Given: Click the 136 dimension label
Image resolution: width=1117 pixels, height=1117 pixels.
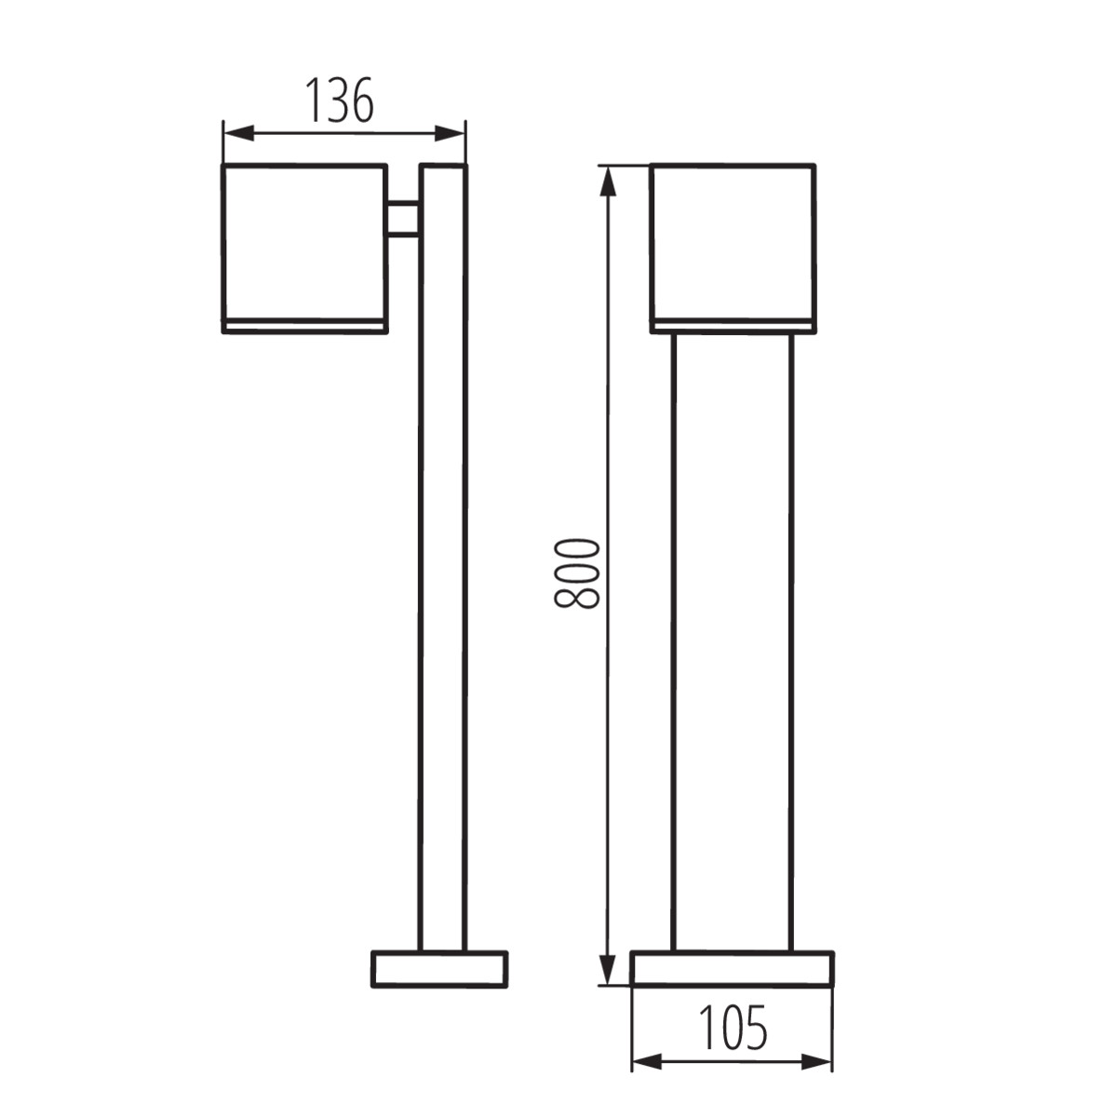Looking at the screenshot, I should coord(341,101).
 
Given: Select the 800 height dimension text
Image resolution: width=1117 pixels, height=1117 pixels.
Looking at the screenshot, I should coord(577,572).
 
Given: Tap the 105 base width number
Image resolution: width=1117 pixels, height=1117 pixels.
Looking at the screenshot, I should coord(733,1028).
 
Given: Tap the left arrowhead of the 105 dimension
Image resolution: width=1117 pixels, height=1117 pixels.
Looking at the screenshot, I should coord(645,1061).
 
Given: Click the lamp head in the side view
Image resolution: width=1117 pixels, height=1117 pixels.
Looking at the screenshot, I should coord(304,242).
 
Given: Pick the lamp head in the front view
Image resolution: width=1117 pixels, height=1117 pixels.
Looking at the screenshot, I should coord(733,242).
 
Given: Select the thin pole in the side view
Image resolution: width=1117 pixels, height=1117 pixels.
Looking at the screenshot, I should coord(443,558).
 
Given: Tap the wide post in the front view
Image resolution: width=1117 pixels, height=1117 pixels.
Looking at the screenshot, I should coord(733,642).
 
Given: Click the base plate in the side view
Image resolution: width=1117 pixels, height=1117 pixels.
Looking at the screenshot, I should coord(439,969).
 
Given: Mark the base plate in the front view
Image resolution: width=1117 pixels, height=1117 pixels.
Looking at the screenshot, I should coord(733,969).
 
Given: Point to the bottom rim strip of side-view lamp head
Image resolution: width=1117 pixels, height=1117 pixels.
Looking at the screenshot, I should coord(304,326).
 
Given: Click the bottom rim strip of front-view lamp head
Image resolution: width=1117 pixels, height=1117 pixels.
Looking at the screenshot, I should coord(733,326).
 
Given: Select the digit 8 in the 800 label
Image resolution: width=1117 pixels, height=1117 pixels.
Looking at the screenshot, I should coord(577,597).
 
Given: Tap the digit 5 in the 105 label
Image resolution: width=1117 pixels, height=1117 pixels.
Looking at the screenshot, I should coord(756,1028).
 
